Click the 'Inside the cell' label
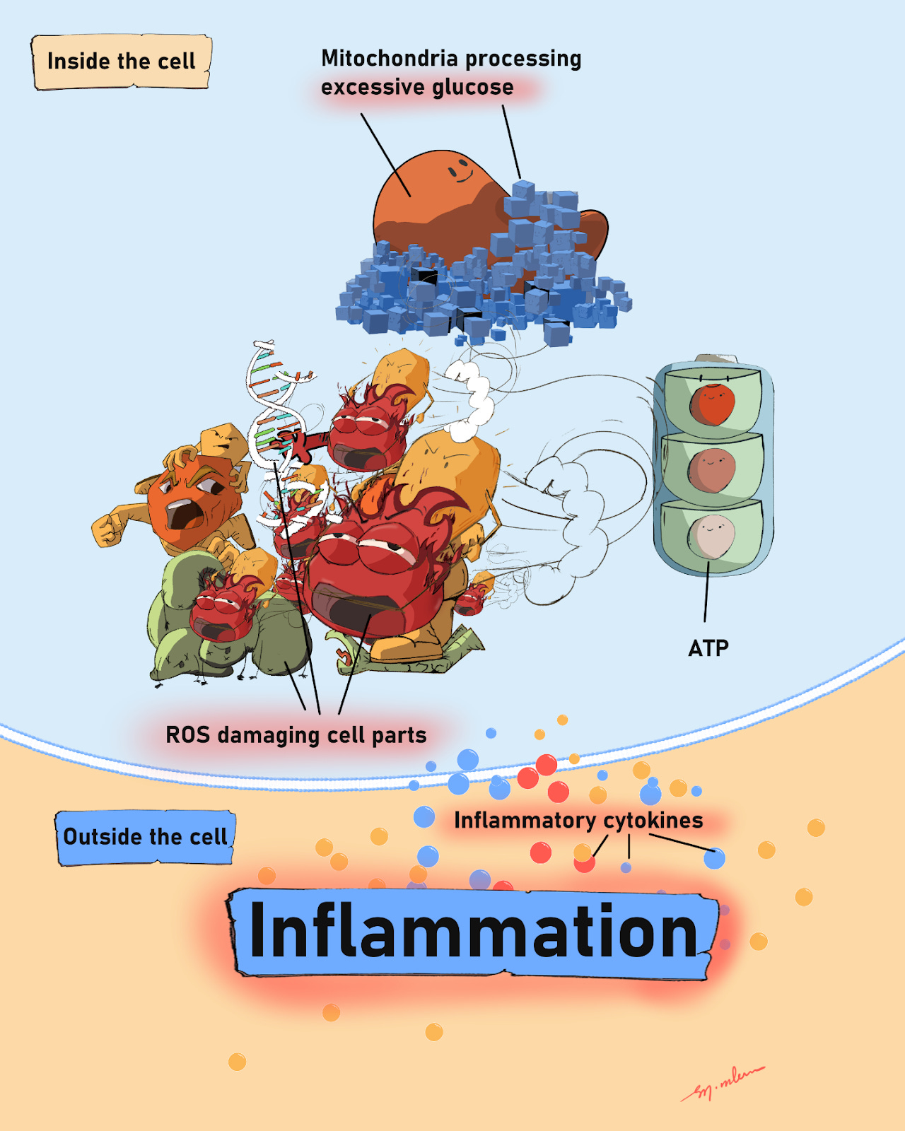[x=121, y=61]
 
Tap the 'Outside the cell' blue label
[x=145, y=837]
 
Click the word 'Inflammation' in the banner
[x=473, y=931]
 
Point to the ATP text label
[x=708, y=647]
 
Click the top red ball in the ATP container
[x=712, y=404]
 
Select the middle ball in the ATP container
[x=712, y=470]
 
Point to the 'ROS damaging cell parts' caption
[x=296, y=735]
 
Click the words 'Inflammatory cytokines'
[x=578, y=820]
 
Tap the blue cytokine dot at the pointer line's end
[x=714, y=858]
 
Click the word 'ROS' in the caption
[x=187, y=735]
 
